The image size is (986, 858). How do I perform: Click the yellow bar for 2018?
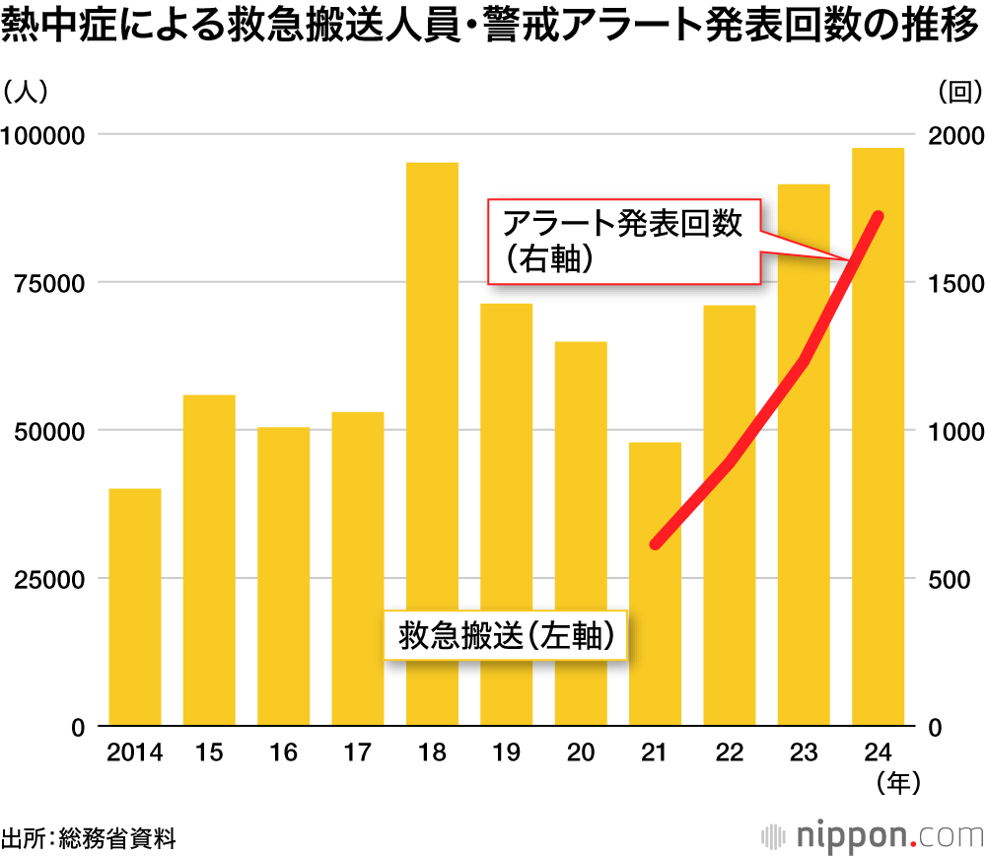point(432,444)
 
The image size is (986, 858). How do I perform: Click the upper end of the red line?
point(879,216)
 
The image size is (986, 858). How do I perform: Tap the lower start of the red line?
point(656,543)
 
